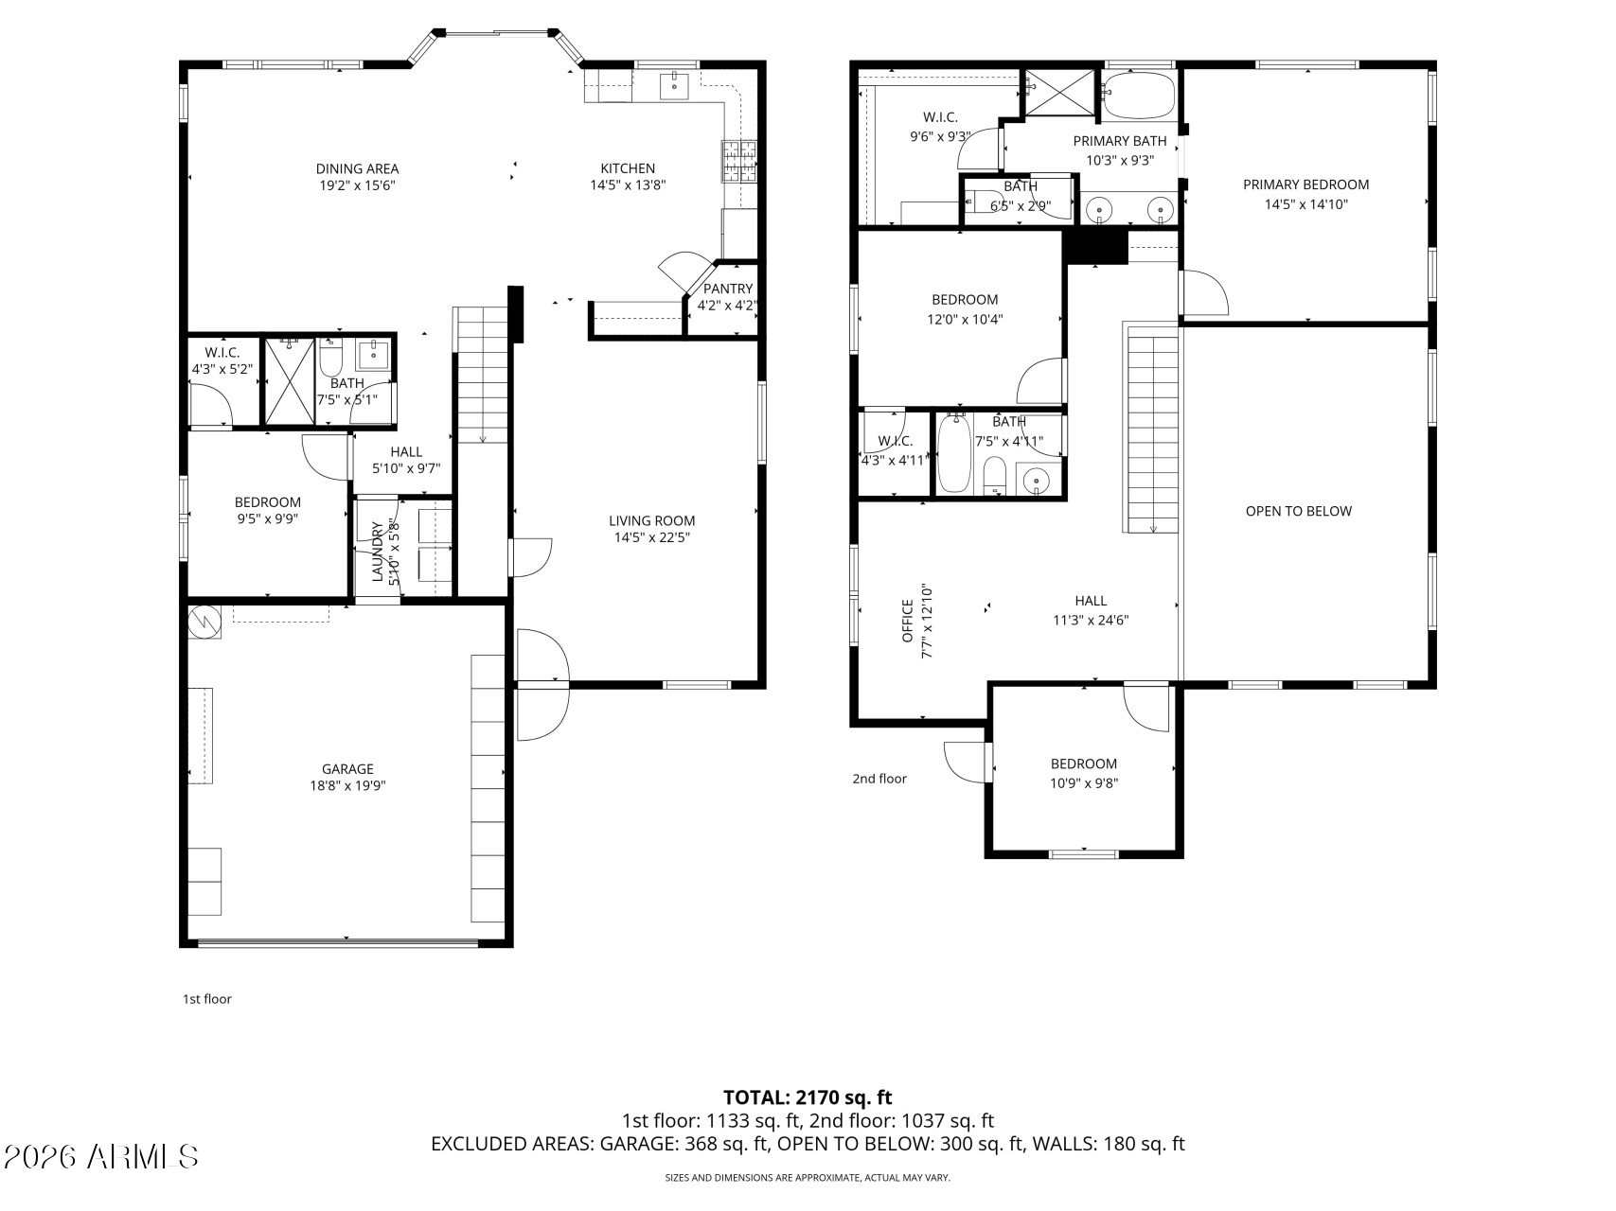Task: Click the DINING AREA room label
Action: tap(357, 169)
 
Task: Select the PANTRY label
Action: tap(728, 289)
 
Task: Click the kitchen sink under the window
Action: tap(675, 85)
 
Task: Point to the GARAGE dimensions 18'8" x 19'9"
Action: tap(347, 785)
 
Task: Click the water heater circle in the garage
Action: tap(204, 622)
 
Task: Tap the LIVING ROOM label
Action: tap(651, 520)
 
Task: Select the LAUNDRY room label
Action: tap(377, 552)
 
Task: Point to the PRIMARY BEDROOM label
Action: tap(1305, 184)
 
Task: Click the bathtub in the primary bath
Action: tap(1139, 96)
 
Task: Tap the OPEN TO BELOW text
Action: tap(1298, 511)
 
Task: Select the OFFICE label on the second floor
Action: tap(908, 621)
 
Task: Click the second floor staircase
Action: tap(1152, 428)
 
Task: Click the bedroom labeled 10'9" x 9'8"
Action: tap(1083, 773)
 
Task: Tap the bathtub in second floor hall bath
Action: tap(954, 454)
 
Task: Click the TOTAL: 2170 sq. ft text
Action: tap(808, 1097)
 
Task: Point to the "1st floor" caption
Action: tap(206, 999)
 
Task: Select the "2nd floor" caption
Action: tap(879, 779)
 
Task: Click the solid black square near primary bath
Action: tap(1096, 248)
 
